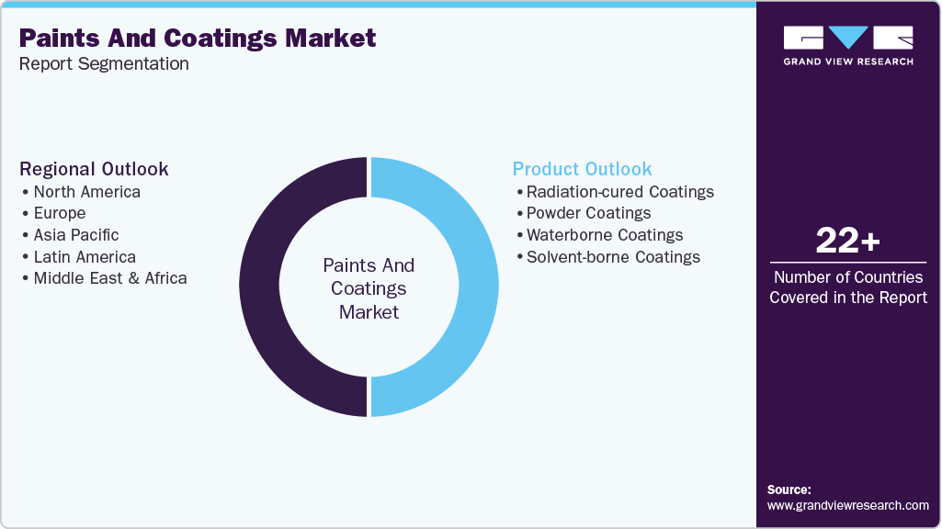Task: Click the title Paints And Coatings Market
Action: (198, 39)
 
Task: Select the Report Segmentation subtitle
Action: (104, 64)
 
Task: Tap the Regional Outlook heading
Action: (95, 169)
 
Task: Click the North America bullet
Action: (86, 192)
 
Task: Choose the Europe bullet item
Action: (60, 213)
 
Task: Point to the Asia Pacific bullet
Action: (76, 235)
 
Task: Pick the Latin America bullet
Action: (85, 257)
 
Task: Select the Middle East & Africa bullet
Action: (110, 278)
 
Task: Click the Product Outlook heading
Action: (582, 169)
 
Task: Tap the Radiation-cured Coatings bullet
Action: (619, 192)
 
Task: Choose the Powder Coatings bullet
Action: (588, 213)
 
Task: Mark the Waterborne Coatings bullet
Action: (605, 235)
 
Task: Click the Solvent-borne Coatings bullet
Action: (613, 257)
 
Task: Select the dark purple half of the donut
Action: (262, 287)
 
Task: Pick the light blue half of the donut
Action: (476, 287)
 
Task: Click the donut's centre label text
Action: (369, 288)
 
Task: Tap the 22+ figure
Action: (848, 242)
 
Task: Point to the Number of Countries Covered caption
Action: (848, 287)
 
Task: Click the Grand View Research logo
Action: (848, 45)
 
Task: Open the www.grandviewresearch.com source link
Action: (848, 505)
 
